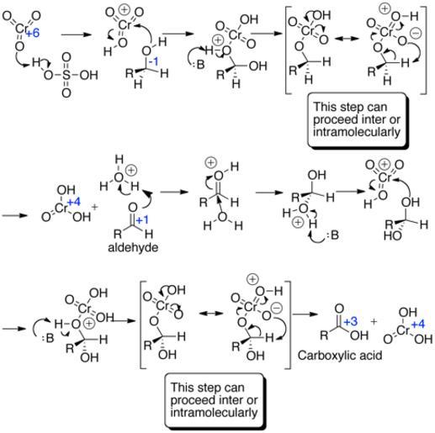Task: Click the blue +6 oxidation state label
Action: [33, 34]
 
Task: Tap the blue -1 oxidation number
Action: [153, 62]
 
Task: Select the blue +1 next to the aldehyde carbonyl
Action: [142, 220]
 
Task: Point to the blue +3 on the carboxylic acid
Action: [350, 321]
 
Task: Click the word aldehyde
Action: [133, 247]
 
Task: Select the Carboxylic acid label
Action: [340, 356]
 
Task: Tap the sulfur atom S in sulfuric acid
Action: [66, 75]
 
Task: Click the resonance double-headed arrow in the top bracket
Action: [347, 39]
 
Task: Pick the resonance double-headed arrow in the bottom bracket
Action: [211, 313]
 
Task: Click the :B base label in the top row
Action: [199, 65]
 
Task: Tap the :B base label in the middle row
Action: [333, 235]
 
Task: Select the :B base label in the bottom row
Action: [48, 339]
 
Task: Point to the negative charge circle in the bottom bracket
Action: [277, 308]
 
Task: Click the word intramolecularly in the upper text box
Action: [356, 132]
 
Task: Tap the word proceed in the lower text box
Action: [189, 400]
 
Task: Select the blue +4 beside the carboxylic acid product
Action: [418, 325]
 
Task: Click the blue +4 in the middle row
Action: [74, 202]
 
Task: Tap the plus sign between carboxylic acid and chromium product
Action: [374, 321]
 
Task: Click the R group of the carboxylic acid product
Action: [324, 335]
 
